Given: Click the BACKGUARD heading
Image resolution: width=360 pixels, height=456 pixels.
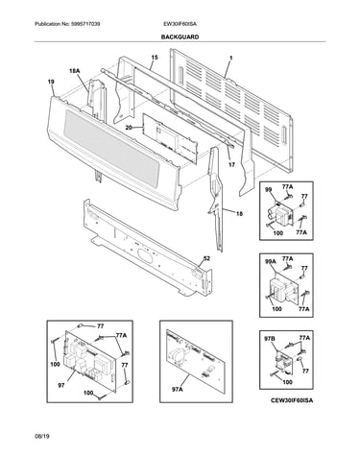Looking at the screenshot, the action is (180, 37).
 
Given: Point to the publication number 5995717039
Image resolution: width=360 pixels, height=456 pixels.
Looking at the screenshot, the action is (84, 24).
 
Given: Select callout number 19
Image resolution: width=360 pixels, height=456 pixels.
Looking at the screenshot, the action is (51, 82).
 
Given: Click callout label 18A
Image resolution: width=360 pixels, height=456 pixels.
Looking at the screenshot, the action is (74, 71).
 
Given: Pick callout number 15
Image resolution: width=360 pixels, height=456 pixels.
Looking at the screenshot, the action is (155, 58).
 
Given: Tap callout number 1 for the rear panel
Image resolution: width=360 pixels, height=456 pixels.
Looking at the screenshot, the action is (231, 59).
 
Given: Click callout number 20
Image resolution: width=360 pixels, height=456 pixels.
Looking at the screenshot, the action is (129, 128).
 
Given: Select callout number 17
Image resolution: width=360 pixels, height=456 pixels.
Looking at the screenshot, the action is (231, 165).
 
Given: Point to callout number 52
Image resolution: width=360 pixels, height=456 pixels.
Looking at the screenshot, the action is (207, 258).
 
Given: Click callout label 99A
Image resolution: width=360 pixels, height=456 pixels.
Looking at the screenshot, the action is (271, 261).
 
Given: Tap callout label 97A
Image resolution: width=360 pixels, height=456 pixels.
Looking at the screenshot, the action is (178, 389).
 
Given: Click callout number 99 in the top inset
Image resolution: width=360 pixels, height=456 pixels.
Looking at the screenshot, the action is (269, 190).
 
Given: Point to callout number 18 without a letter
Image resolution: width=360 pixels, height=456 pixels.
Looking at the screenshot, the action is (239, 214).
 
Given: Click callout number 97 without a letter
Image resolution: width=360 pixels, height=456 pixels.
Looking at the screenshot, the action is (61, 386).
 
